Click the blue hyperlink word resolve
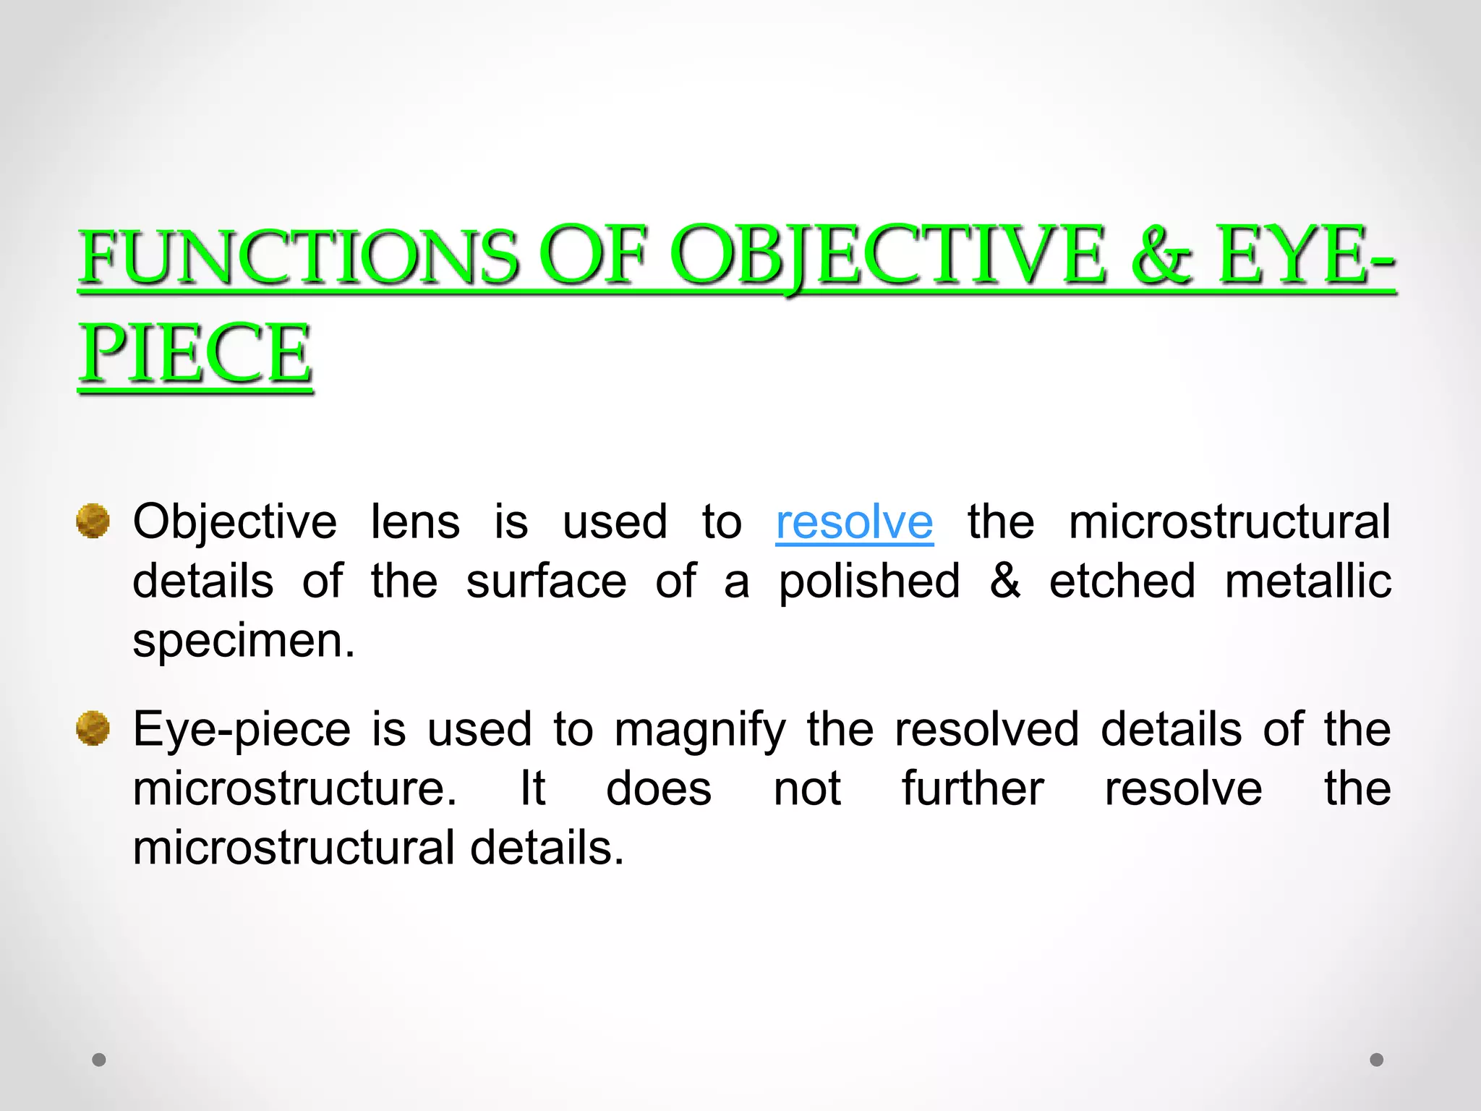click(x=854, y=522)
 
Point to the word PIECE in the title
click(x=195, y=354)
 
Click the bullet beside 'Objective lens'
click(x=93, y=522)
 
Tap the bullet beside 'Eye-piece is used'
click(x=93, y=728)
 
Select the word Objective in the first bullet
click(x=235, y=522)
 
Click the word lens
click(x=415, y=522)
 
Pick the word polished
click(x=869, y=582)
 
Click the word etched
click(x=1122, y=582)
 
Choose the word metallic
click(x=1307, y=582)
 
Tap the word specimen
click(x=244, y=642)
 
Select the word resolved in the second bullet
click(x=986, y=729)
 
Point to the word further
click(x=973, y=788)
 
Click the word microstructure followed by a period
click(x=295, y=788)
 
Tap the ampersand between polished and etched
click(x=1005, y=582)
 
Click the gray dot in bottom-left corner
click(x=99, y=1060)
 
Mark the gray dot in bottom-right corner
click(x=1377, y=1060)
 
